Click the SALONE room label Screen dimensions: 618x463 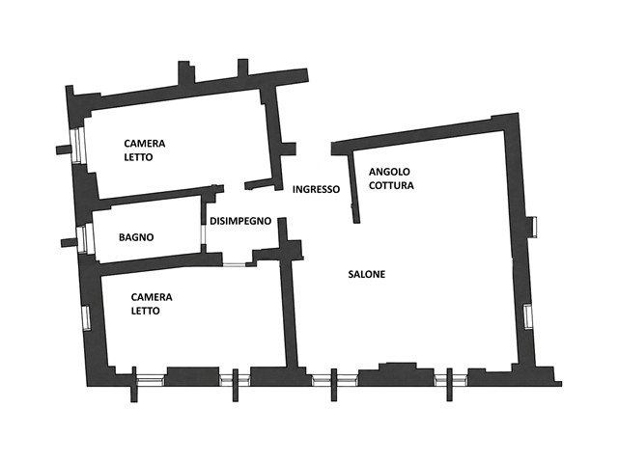(367, 274)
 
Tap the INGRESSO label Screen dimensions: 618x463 (316, 189)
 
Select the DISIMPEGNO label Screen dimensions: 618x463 (240, 221)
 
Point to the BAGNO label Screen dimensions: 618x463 (136, 237)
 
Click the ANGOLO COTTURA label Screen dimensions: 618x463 (391, 178)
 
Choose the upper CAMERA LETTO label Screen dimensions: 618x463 (144, 150)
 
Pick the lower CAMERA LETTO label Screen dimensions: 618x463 (152, 304)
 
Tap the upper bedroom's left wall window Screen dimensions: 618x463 (77, 145)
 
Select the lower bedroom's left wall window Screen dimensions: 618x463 (86, 317)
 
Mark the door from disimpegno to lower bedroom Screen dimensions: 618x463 (234, 264)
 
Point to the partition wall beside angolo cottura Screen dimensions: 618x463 (354, 188)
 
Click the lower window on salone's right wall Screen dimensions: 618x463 (528, 317)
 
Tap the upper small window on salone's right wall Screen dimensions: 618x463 (533, 227)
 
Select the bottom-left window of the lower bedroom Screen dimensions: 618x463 (151, 379)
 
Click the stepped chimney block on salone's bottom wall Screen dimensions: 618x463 (396, 373)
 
